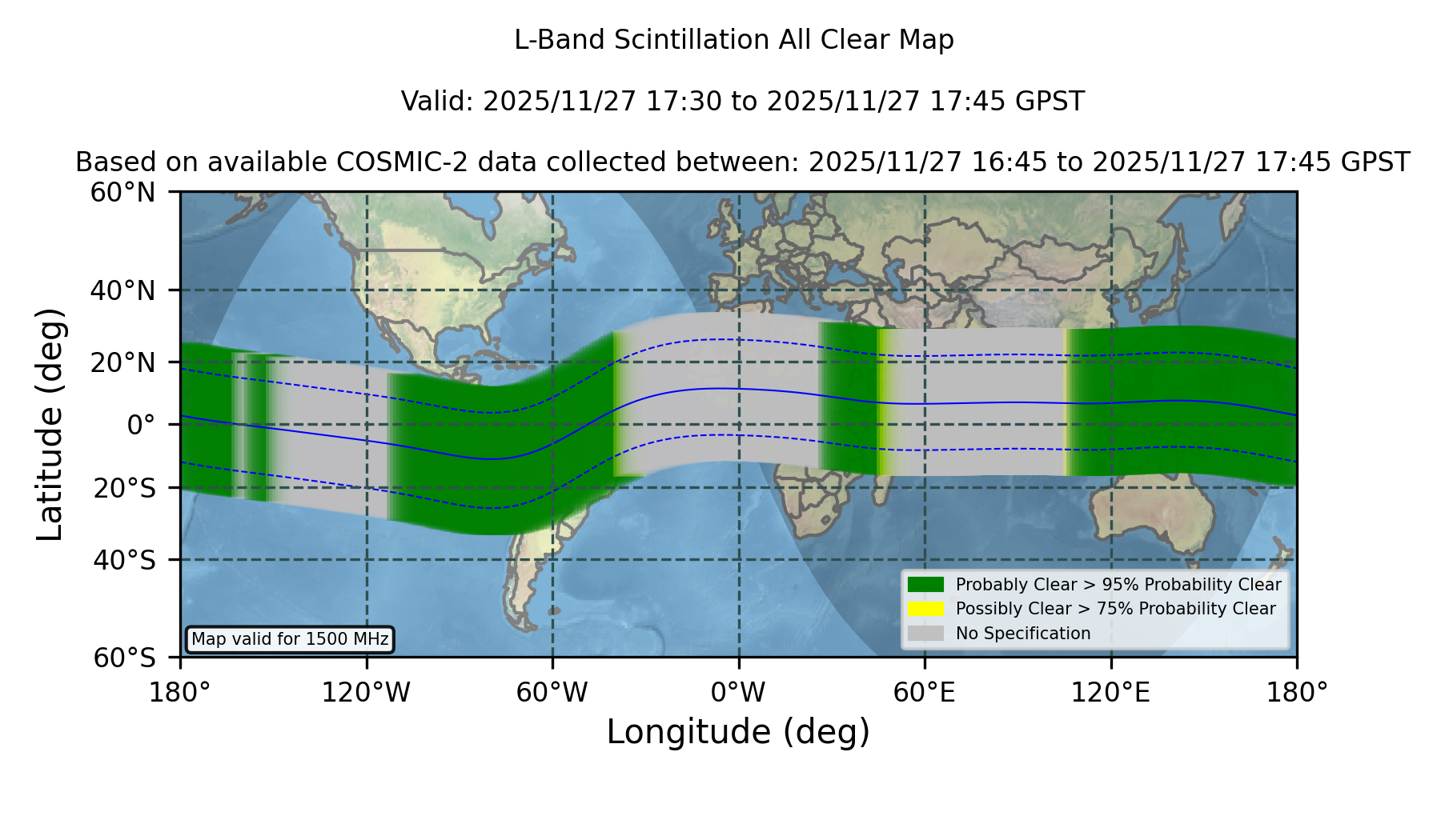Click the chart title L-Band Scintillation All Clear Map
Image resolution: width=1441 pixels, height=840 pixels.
[x=734, y=40]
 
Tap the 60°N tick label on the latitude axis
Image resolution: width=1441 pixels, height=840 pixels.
[x=122, y=193]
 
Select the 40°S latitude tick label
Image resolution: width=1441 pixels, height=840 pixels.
[x=124, y=560]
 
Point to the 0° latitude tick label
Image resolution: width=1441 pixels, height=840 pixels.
[x=141, y=425]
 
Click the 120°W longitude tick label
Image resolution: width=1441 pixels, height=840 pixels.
[x=366, y=693]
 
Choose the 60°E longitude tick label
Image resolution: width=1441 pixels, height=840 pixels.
[x=925, y=693]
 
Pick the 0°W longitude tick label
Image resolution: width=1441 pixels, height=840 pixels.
[x=738, y=693]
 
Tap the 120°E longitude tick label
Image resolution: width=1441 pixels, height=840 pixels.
[x=1110, y=693]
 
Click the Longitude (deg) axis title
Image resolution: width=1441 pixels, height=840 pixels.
[x=738, y=732]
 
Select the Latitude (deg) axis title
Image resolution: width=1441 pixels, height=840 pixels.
[x=50, y=424]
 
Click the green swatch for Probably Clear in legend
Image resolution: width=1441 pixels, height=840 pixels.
[x=925, y=585]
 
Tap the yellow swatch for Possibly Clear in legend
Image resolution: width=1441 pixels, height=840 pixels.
[x=925, y=609]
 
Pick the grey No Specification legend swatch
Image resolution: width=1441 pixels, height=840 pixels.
[x=925, y=634]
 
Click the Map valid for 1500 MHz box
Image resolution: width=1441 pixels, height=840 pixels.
[x=290, y=639]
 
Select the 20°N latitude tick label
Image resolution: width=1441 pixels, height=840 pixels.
[x=122, y=362]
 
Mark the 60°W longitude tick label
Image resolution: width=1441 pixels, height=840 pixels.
[x=552, y=693]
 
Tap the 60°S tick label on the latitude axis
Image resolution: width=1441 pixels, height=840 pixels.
[x=124, y=658]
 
